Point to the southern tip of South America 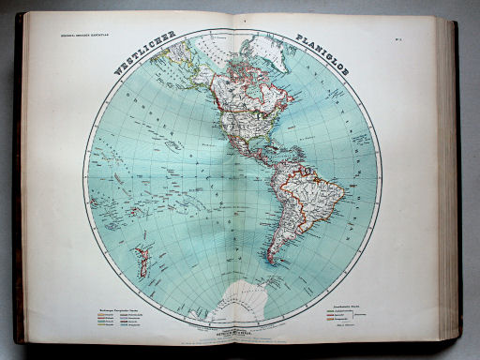pyautogui.click(x=271, y=260)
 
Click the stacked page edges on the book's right pyautogui.click(x=448, y=178)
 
